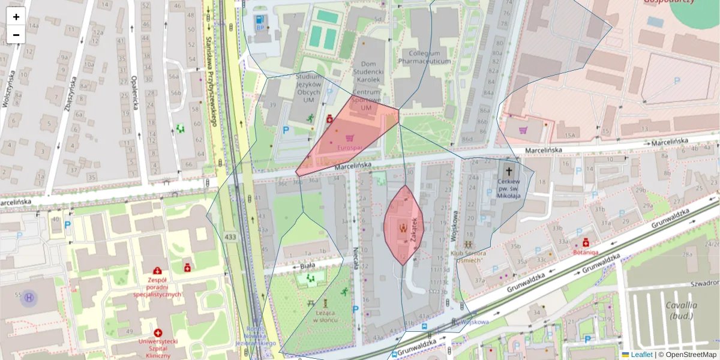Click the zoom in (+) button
point(16,17)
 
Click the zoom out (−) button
point(16,35)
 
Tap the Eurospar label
point(350,148)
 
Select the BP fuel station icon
point(261,20)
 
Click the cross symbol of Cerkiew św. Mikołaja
point(508,170)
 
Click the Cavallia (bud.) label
point(681,310)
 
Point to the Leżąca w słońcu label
point(325,316)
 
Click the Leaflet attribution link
point(641,355)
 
